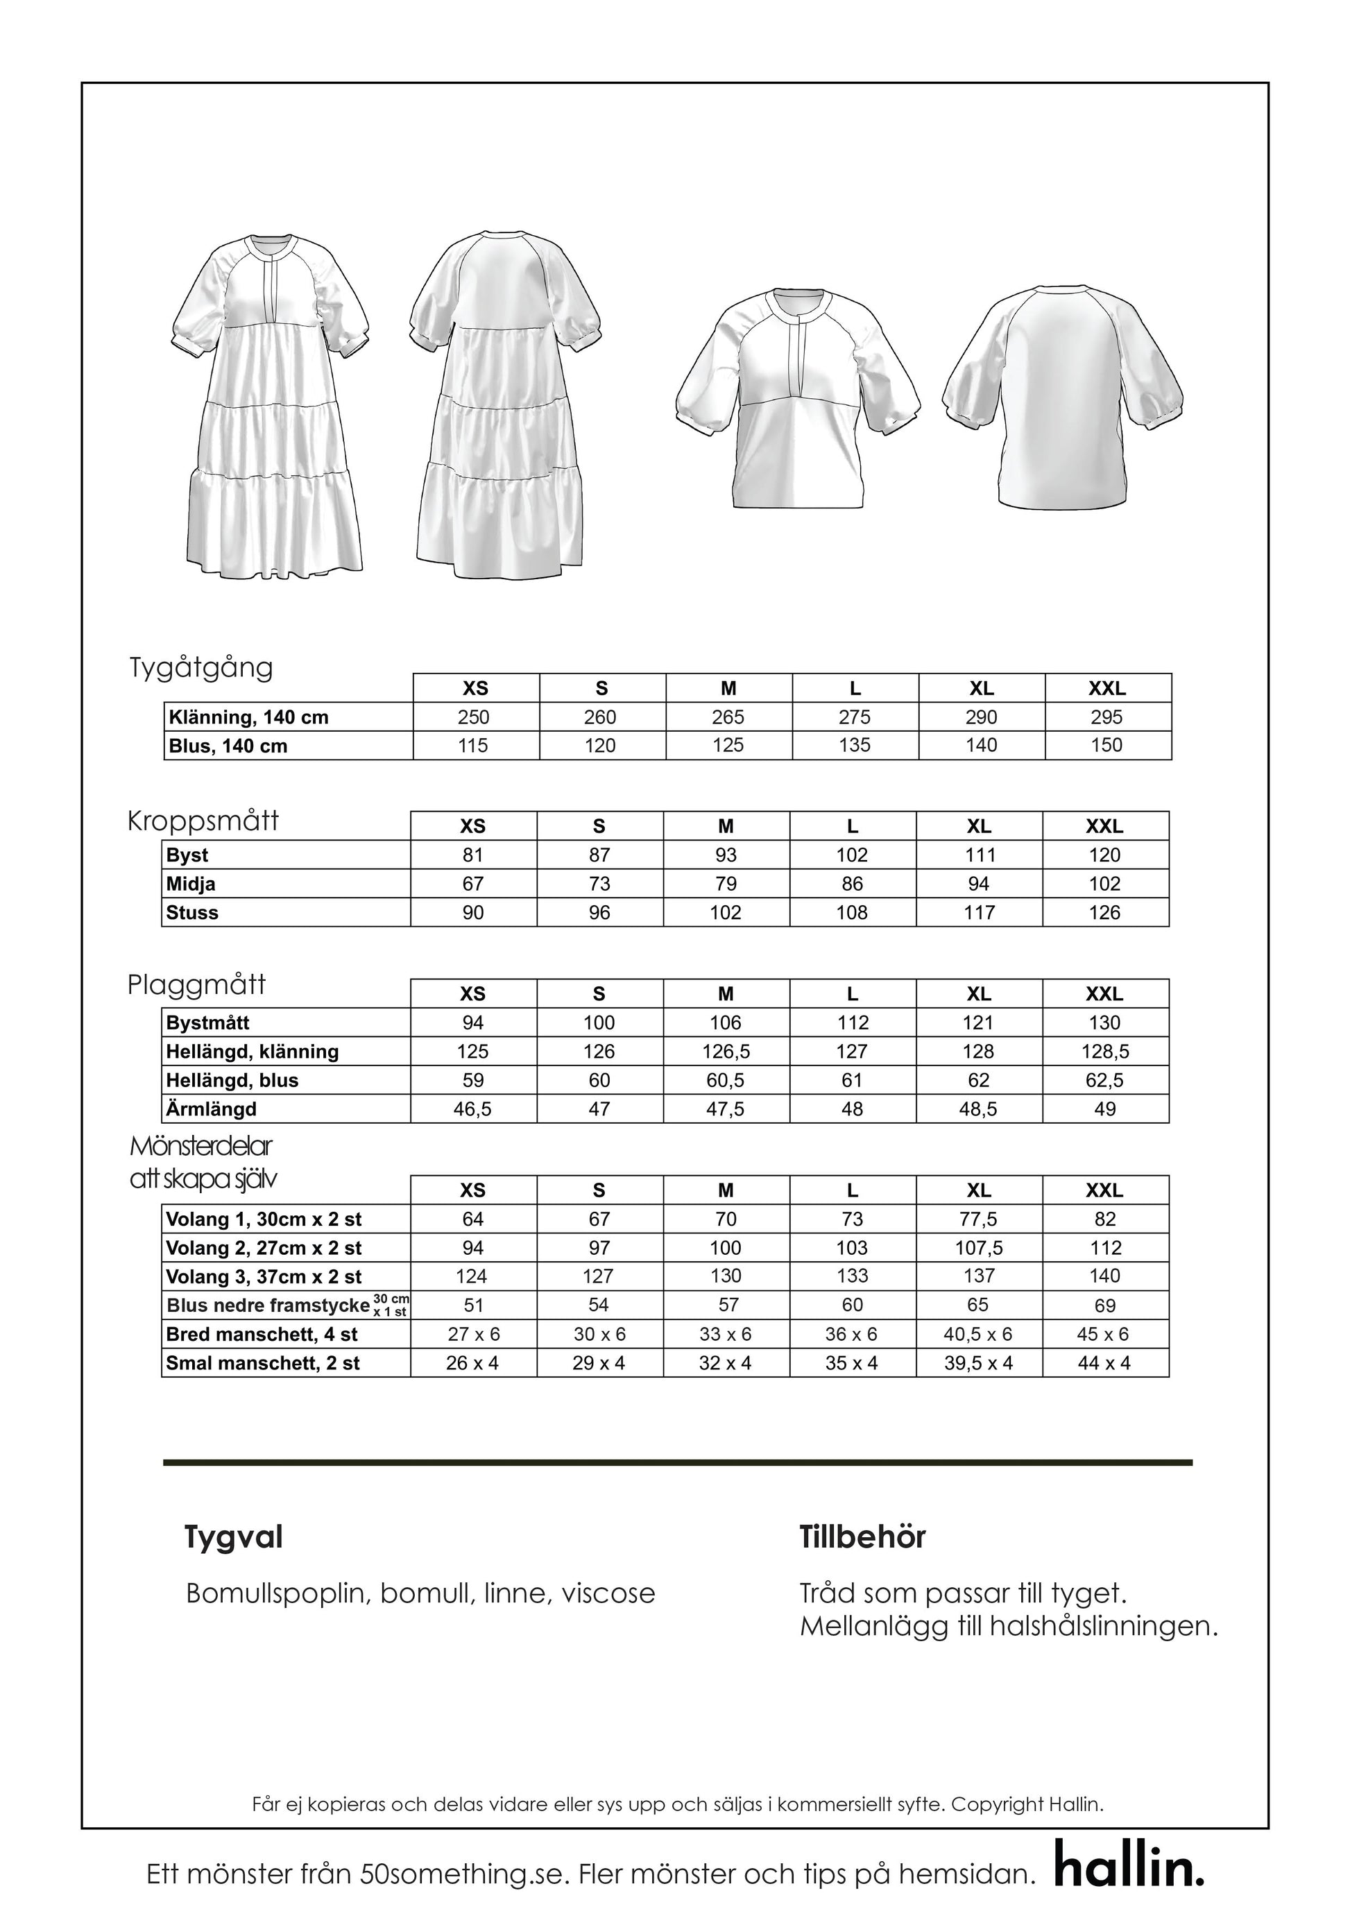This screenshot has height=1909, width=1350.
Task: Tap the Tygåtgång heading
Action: (201, 667)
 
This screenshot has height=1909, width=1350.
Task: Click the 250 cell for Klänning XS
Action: (474, 717)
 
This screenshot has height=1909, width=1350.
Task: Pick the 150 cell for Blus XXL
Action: (1107, 746)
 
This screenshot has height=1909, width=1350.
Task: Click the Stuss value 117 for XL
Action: (980, 913)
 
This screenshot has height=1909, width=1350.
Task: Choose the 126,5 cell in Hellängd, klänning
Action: (726, 1052)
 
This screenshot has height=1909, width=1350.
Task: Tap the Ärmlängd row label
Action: (211, 1109)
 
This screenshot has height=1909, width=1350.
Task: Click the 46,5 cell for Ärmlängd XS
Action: (472, 1109)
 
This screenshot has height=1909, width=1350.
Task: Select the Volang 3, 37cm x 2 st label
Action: (264, 1276)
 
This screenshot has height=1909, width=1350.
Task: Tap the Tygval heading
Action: (234, 1537)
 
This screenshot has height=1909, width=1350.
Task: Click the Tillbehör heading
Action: (862, 1537)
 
